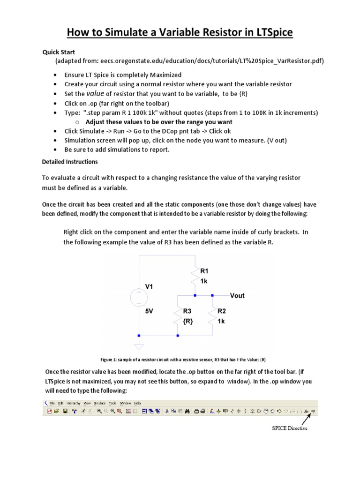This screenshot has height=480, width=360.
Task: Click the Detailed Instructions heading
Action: point(70,162)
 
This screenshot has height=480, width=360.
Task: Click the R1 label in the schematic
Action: point(204,271)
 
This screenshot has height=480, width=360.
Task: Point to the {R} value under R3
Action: point(188,321)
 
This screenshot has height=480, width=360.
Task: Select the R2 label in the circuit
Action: point(222,310)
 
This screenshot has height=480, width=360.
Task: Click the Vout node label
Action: point(237,296)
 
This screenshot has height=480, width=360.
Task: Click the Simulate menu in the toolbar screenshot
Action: point(99,403)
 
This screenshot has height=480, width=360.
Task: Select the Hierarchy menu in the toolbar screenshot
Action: point(74,403)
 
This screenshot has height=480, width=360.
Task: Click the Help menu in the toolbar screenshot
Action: point(137,403)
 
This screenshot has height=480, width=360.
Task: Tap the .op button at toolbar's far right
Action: point(314,411)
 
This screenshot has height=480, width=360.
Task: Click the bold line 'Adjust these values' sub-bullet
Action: point(159,122)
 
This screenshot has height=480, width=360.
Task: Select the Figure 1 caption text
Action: point(183,360)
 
